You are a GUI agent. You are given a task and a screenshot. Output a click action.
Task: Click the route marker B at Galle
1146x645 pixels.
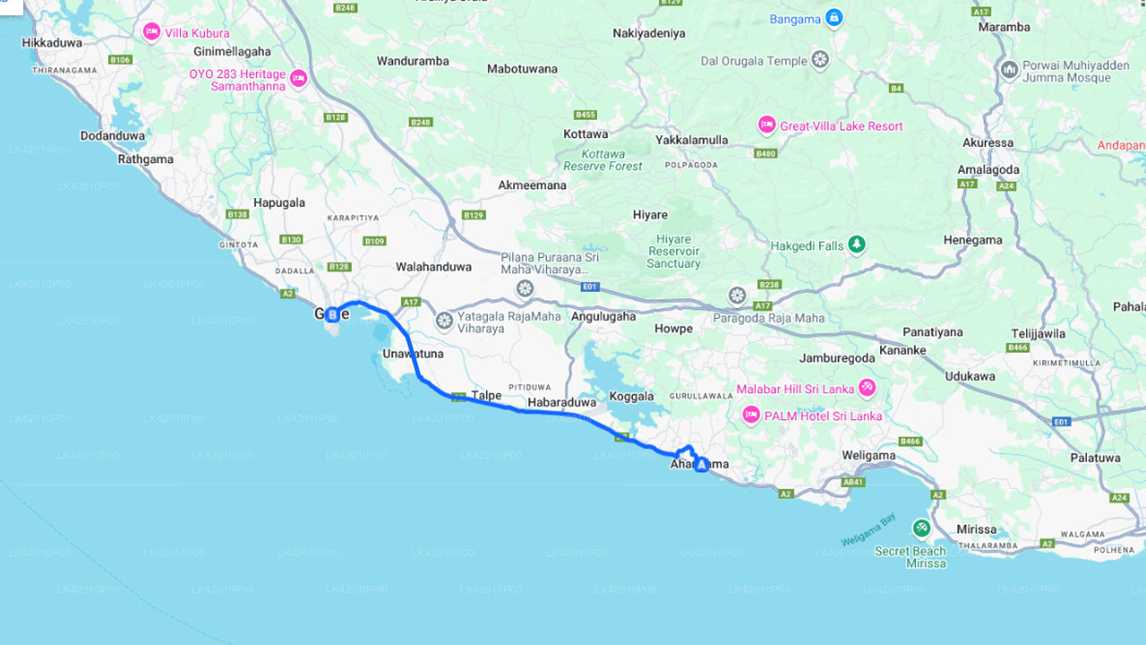(332, 314)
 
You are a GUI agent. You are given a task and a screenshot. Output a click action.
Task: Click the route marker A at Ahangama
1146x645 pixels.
(701, 464)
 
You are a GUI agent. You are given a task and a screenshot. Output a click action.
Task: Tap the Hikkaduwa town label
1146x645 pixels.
(52, 42)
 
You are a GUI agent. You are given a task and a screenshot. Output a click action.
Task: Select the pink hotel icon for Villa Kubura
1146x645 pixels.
(151, 32)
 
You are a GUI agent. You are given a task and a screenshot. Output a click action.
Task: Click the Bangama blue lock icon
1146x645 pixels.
(834, 17)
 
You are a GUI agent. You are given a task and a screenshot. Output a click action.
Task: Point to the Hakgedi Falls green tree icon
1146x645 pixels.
(857, 245)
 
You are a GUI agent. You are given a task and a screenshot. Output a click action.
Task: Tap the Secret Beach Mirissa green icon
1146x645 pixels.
(921, 528)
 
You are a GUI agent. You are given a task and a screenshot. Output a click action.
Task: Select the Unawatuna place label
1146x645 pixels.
(413, 354)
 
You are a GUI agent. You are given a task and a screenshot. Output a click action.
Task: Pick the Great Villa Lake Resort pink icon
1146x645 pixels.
(766, 125)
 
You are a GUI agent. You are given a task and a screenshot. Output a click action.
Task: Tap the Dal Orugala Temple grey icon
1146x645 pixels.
(820, 61)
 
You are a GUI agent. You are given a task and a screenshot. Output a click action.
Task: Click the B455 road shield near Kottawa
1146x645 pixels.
(586, 115)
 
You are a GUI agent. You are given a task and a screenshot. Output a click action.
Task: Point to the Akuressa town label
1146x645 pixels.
(988, 142)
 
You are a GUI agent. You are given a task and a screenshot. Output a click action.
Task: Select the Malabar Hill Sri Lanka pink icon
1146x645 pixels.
(867, 388)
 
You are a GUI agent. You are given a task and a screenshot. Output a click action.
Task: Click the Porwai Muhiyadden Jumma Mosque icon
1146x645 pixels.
(1010, 70)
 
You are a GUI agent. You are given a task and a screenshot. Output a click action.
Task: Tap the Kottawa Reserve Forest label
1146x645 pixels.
(603, 160)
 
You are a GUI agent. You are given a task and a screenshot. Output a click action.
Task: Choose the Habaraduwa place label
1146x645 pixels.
(561, 402)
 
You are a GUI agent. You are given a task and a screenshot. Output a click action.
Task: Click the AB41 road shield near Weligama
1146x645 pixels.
(853, 481)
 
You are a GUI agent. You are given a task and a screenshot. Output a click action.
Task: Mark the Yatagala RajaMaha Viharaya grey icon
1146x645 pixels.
(444, 320)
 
